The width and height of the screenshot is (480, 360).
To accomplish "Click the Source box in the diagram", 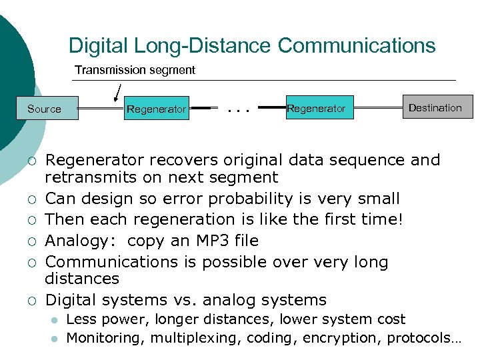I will pyautogui.click(x=45, y=109).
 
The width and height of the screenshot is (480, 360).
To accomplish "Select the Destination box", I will pyautogui.click(x=435, y=107).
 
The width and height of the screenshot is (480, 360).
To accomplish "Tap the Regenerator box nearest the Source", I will pyautogui.click(x=156, y=109).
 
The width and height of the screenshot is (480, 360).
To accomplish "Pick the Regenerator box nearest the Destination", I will pyautogui.click(x=316, y=108).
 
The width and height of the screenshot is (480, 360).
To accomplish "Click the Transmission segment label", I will pyautogui.click(x=135, y=70).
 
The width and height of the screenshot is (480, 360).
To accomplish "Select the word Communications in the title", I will pyautogui.click(x=357, y=45).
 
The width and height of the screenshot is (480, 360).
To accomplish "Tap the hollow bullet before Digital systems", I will pyautogui.click(x=31, y=301).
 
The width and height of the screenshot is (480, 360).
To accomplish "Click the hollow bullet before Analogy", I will pyautogui.click(x=31, y=241).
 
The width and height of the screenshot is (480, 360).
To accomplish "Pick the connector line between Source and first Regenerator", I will pyautogui.click(x=101, y=109).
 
